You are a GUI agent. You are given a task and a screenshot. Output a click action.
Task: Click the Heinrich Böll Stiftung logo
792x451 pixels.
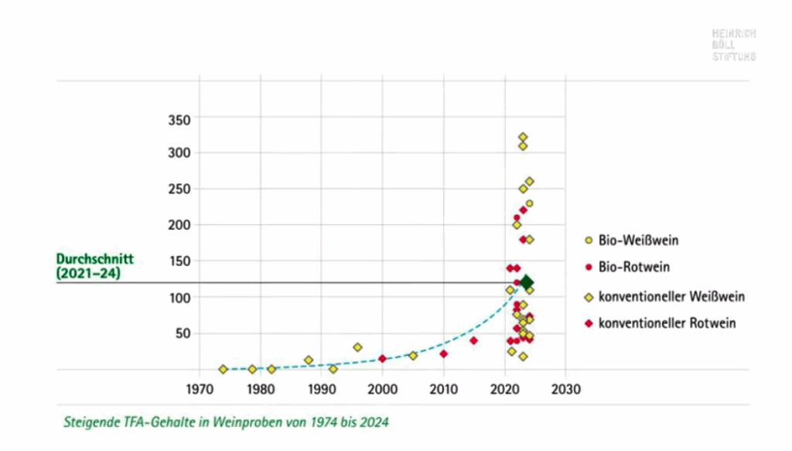click(733, 45)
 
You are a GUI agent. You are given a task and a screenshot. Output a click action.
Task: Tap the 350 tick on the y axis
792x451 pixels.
click(179, 119)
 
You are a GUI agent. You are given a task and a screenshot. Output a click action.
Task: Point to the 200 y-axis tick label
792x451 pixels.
click(179, 224)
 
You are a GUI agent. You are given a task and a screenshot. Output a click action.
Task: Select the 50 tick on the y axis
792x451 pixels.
click(183, 333)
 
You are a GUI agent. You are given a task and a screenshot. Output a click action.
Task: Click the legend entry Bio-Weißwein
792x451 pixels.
click(638, 241)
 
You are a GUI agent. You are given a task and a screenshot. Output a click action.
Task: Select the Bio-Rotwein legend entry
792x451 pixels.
click(633, 268)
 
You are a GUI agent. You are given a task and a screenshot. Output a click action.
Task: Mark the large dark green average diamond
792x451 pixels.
click(527, 282)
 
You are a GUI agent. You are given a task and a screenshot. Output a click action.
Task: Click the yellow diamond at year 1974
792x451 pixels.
click(224, 369)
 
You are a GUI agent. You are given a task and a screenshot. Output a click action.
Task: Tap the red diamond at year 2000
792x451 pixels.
click(382, 358)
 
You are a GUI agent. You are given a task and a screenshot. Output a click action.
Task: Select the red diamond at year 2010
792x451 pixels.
click(443, 354)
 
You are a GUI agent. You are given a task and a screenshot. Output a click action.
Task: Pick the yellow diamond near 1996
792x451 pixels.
click(357, 347)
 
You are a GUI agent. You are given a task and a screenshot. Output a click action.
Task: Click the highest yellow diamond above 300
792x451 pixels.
click(523, 137)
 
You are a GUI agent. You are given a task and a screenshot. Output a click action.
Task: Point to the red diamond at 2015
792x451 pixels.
click(473, 340)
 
